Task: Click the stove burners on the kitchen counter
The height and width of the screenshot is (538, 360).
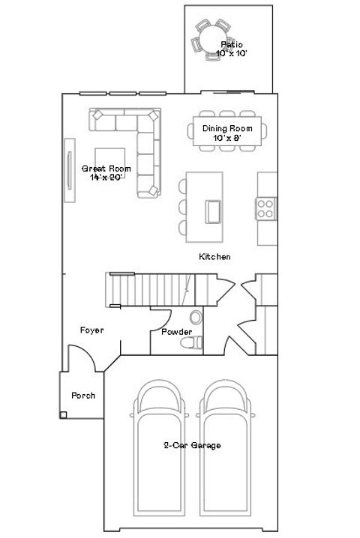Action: coord(265,208)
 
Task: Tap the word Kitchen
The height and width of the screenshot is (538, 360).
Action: coord(214,257)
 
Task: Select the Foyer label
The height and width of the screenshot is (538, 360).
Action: coord(91,330)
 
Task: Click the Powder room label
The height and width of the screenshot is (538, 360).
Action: coord(176,332)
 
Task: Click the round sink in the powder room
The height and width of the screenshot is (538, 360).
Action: coord(196,316)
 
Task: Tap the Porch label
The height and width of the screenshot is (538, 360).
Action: coord(82,395)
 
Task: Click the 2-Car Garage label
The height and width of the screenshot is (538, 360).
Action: coord(192,445)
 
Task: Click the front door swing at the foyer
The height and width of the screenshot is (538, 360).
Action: coord(81,358)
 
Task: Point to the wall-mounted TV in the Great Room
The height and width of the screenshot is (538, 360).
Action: coord(70,170)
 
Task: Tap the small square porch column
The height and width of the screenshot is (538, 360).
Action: coord(64,414)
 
